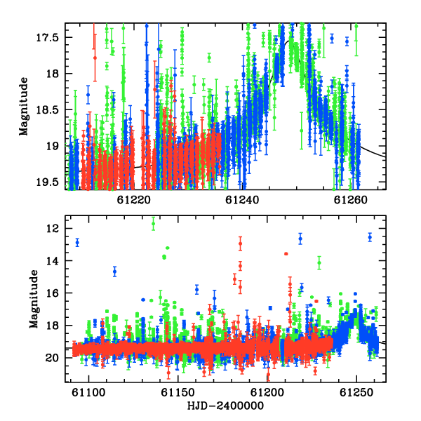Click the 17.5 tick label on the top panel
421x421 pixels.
[x=48, y=38]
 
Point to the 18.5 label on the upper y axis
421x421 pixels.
[x=48, y=110]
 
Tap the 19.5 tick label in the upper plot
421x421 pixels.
[x=48, y=182]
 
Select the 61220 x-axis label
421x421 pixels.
[x=134, y=200]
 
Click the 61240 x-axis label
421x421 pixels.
[x=242, y=200]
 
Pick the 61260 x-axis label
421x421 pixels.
[x=350, y=200]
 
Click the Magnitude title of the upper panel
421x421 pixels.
[x=24, y=107]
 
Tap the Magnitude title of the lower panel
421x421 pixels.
[x=34, y=299]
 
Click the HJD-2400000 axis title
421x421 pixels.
[x=225, y=406]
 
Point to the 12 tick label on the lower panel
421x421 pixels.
[x=53, y=229]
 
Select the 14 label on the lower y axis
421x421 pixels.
[x=53, y=261]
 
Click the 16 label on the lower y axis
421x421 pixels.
[x=53, y=293]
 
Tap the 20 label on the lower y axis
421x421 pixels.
[x=53, y=358]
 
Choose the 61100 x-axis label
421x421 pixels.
[x=88, y=393]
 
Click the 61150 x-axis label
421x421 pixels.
[x=178, y=393]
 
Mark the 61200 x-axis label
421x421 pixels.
[x=267, y=393]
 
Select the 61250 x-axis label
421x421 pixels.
[x=356, y=393]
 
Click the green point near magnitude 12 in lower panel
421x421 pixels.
[x=153, y=223]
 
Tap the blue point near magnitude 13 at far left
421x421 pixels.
[x=77, y=243]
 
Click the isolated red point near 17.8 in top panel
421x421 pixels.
[x=95, y=58]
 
